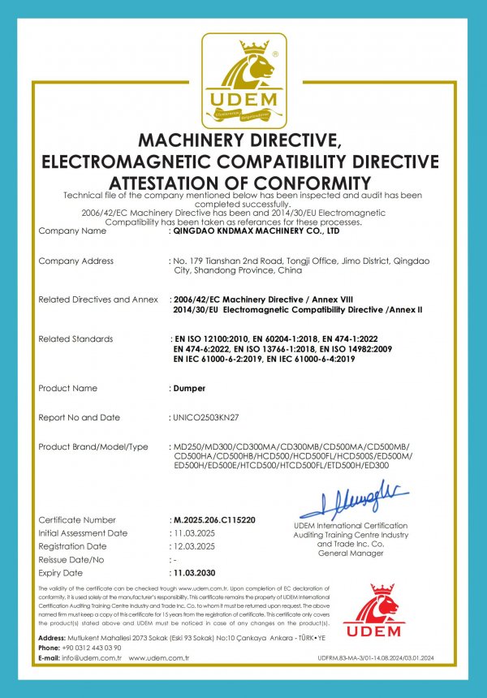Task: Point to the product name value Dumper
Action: (189, 388)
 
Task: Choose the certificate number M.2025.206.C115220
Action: (214, 519)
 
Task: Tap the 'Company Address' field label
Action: (75, 261)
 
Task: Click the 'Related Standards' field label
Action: (75, 338)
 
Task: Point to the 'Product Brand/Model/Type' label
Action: (93, 447)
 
